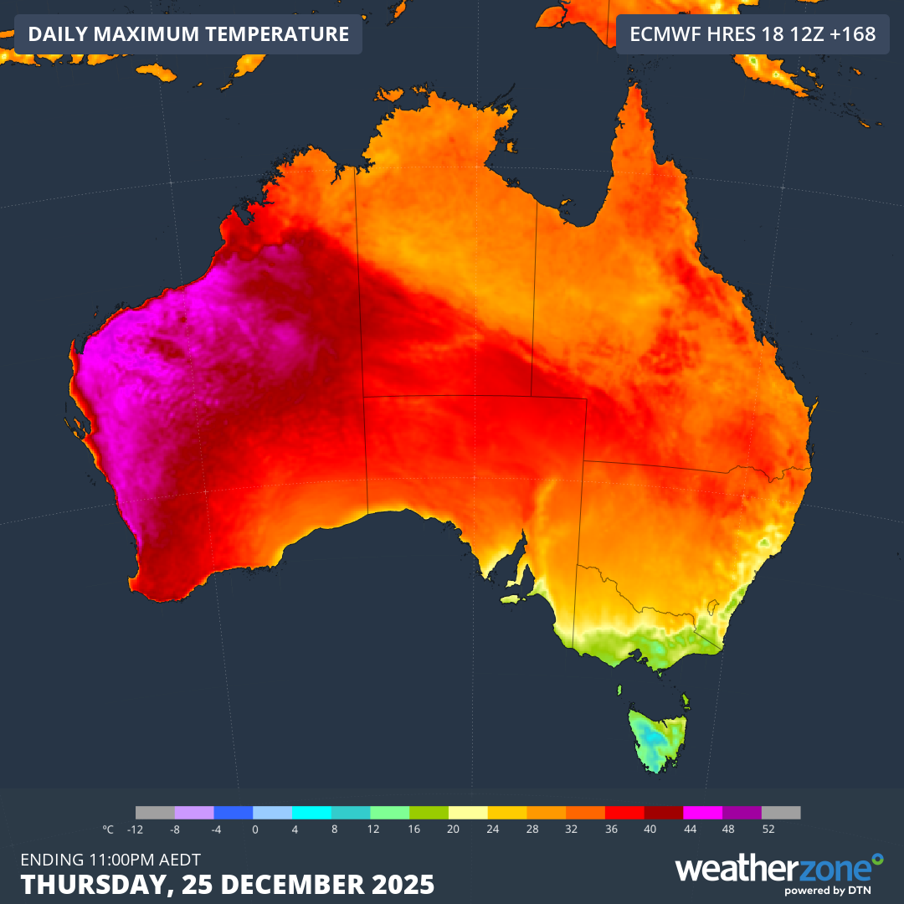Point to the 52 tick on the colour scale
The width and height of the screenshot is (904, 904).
(x=768, y=830)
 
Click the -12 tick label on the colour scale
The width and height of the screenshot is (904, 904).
(x=134, y=830)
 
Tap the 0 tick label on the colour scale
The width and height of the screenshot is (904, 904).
(x=254, y=830)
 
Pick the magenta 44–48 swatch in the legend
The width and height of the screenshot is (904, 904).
(x=703, y=813)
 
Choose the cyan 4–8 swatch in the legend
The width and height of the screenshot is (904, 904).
(x=312, y=813)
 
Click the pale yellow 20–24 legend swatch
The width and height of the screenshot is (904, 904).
(x=469, y=813)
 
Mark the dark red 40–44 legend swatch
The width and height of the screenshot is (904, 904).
(x=664, y=813)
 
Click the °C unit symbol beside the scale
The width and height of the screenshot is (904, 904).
(x=108, y=830)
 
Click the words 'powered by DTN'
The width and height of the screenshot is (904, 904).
(x=833, y=891)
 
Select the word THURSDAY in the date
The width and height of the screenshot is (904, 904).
(x=89, y=884)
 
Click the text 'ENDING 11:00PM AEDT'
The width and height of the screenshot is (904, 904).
(x=110, y=859)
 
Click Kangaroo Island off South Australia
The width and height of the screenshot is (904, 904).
(x=512, y=598)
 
